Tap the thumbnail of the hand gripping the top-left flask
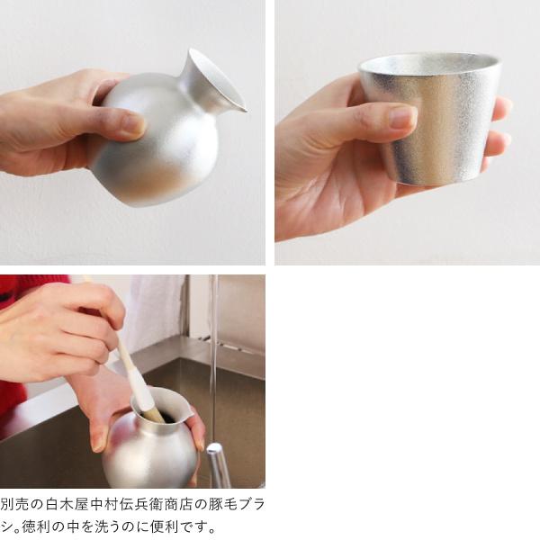point(130,122)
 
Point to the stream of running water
point(213,360)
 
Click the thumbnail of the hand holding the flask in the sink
point(99,437)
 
